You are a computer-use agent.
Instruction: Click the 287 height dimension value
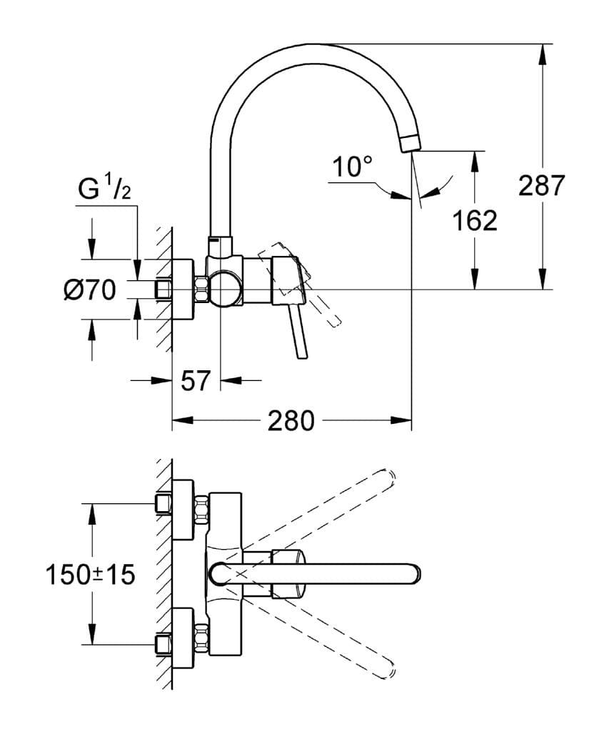point(541,186)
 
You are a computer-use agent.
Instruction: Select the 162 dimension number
point(474,221)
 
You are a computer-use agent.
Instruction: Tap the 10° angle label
point(352,168)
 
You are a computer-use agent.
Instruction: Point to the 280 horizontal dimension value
point(290,421)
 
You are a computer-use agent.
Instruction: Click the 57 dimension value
point(195,381)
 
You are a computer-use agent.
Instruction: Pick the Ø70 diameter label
point(89,290)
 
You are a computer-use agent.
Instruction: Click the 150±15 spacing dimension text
point(90,574)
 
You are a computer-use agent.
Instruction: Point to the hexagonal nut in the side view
point(201,290)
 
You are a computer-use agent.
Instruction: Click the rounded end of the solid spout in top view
point(413,573)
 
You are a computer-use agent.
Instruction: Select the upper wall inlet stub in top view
point(163,505)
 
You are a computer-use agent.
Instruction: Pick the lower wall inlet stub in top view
point(163,643)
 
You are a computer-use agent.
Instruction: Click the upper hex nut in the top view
point(201,508)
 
